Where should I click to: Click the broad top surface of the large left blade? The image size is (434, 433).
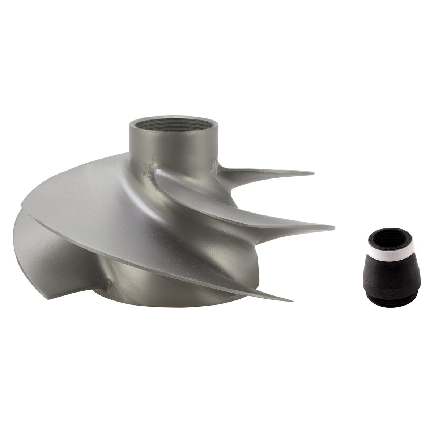[94, 188]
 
